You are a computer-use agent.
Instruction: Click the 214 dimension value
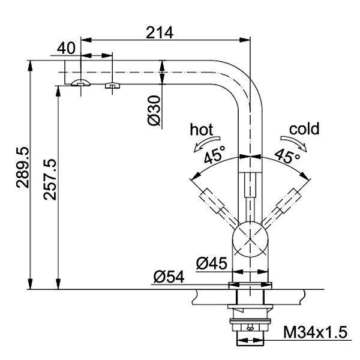[x=160, y=33]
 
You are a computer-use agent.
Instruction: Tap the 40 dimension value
[x=66, y=48]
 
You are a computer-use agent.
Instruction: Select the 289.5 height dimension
[x=23, y=167]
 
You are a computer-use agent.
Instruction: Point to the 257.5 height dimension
[x=50, y=179]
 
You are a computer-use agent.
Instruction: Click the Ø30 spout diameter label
[x=154, y=111]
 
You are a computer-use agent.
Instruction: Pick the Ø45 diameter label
[x=212, y=263]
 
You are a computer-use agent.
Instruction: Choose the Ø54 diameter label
[x=169, y=277]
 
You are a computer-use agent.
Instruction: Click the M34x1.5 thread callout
[x=315, y=332]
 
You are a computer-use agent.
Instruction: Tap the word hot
[x=202, y=130]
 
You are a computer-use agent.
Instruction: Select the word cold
[x=304, y=129]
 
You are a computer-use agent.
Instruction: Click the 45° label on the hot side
[x=215, y=155]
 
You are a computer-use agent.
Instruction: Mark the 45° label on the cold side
[x=287, y=156]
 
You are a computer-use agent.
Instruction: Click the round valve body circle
[x=250, y=239]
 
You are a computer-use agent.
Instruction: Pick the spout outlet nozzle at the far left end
[x=80, y=83]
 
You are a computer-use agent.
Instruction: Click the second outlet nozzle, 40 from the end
[x=112, y=85]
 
